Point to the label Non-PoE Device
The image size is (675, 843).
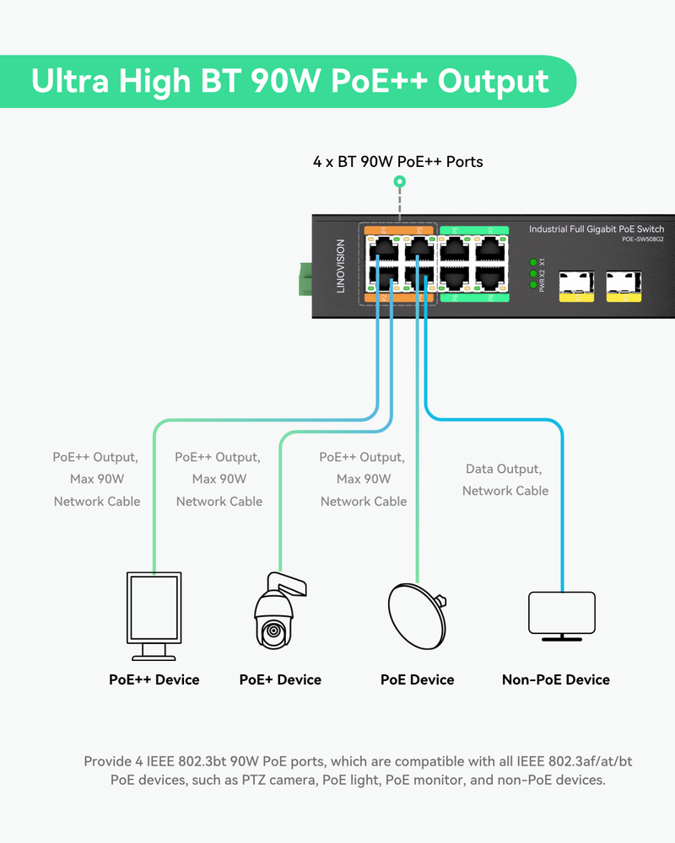pyautogui.click(x=555, y=679)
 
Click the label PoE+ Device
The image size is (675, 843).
pyautogui.click(x=280, y=679)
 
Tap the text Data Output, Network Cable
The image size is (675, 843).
pyautogui.click(x=505, y=480)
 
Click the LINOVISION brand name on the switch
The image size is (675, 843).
pyautogui.click(x=341, y=266)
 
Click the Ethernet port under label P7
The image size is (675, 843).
pyautogui.click(x=491, y=249)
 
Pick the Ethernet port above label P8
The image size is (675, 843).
pyautogui.click(x=491, y=279)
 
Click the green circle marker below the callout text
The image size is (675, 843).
pyautogui.click(x=400, y=181)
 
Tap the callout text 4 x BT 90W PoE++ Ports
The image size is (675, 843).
pyautogui.click(x=398, y=161)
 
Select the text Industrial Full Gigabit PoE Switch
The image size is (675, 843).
pyautogui.click(x=596, y=229)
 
